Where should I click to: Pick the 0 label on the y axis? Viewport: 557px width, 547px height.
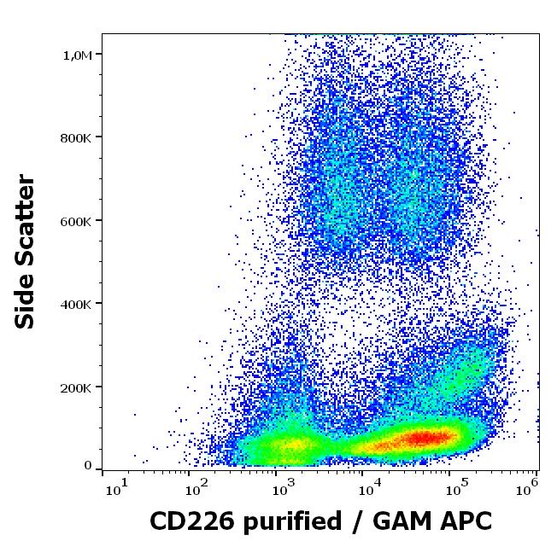pos(88,466)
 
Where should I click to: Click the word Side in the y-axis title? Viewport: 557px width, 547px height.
pos(26,300)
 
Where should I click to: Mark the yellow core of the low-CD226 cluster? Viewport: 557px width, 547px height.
pos(290,445)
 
